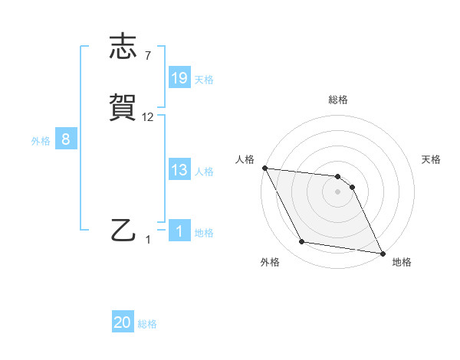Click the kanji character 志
click(x=125, y=47)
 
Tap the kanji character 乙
click(x=125, y=231)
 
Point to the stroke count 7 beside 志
click(x=148, y=56)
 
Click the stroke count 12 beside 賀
click(x=148, y=117)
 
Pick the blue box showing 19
click(x=179, y=78)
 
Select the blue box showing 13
click(x=179, y=170)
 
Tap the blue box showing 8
click(x=66, y=139)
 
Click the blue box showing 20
click(x=123, y=323)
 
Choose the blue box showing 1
click(x=179, y=231)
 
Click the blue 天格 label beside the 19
click(x=204, y=80)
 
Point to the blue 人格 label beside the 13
click(x=204, y=172)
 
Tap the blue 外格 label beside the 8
click(x=41, y=141)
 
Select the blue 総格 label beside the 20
click(x=147, y=325)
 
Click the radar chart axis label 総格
click(x=338, y=100)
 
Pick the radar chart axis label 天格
click(x=432, y=159)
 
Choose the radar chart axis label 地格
click(x=402, y=262)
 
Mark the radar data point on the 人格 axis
click(x=264, y=168)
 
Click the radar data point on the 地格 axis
click(x=382, y=253)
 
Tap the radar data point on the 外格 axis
click(x=302, y=242)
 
